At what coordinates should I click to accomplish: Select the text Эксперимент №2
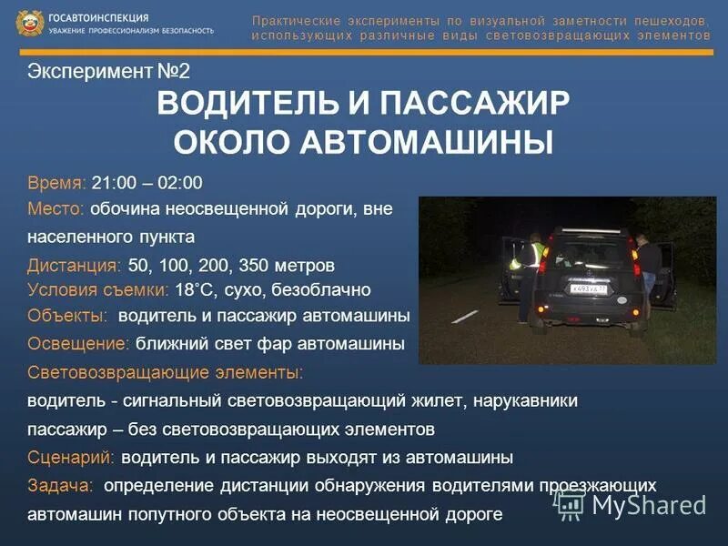(108, 72)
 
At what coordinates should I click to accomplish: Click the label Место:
(56, 209)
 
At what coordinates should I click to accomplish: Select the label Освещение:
(79, 344)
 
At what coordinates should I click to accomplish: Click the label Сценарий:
(72, 457)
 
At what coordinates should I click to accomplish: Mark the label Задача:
(61, 485)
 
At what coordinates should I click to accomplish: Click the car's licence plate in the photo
(588, 288)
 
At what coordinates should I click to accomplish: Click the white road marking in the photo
(466, 316)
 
